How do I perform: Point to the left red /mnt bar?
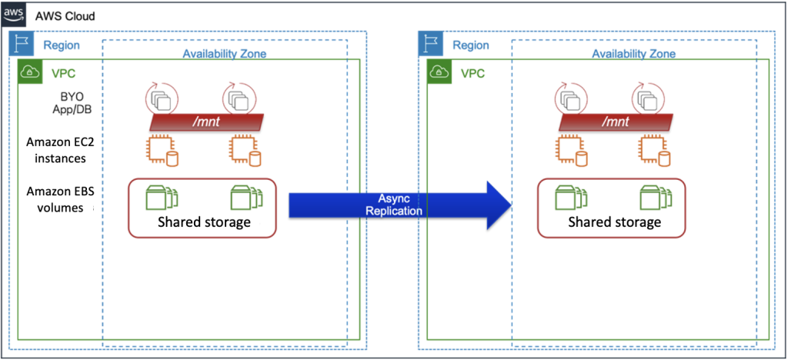(x=206, y=122)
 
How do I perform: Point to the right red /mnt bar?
(x=616, y=122)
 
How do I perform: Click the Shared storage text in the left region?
(x=204, y=222)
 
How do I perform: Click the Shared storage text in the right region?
(x=614, y=222)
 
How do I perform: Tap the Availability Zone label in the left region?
(x=224, y=54)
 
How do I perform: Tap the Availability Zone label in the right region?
(x=633, y=54)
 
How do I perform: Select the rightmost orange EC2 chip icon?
(x=655, y=152)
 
